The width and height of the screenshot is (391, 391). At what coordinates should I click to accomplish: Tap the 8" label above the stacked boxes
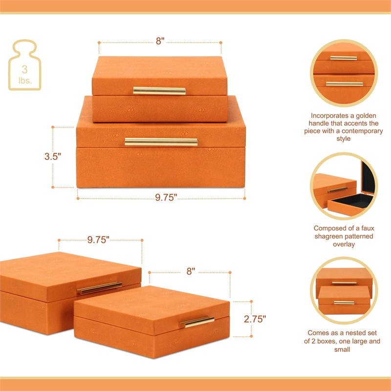[160, 42]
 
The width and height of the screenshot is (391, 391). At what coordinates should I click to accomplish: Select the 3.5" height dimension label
[53, 157]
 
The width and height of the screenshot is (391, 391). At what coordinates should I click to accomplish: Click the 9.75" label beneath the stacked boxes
[166, 198]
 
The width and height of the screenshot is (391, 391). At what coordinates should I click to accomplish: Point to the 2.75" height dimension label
[255, 319]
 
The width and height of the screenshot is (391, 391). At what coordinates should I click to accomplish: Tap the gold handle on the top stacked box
[159, 90]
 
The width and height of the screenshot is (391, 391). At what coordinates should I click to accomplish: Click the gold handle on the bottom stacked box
[161, 141]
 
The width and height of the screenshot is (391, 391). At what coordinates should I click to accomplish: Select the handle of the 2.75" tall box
[196, 321]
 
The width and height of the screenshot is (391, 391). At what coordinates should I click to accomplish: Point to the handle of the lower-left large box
[99, 288]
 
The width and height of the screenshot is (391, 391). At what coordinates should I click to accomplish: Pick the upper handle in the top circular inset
[343, 58]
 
